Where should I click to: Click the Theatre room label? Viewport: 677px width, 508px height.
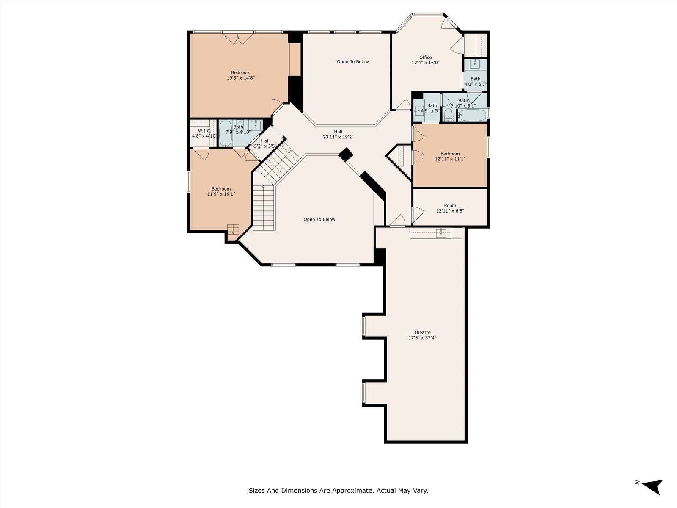[422, 332]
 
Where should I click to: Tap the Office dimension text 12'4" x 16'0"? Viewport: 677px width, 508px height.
[425, 63]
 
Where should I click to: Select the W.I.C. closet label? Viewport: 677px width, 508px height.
[204, 131]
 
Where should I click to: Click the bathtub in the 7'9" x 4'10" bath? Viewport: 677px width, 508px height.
[226, 133]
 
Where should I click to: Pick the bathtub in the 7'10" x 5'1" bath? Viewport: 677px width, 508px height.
[472, 115]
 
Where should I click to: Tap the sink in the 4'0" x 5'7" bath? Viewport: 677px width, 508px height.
[474, 64]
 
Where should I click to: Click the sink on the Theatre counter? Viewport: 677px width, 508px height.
[441, 233]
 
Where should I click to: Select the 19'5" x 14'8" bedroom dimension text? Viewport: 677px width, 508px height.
[241, 78]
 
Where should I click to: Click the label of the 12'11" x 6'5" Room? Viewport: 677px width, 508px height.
[450, 205]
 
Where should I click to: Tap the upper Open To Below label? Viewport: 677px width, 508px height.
[352, 62]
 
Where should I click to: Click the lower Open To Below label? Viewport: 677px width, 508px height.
[319, 219]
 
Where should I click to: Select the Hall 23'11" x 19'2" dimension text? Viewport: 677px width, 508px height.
[338, 137]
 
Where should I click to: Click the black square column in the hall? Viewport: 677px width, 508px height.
[346, 155]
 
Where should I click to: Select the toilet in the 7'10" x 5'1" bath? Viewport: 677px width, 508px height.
[448, 115]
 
